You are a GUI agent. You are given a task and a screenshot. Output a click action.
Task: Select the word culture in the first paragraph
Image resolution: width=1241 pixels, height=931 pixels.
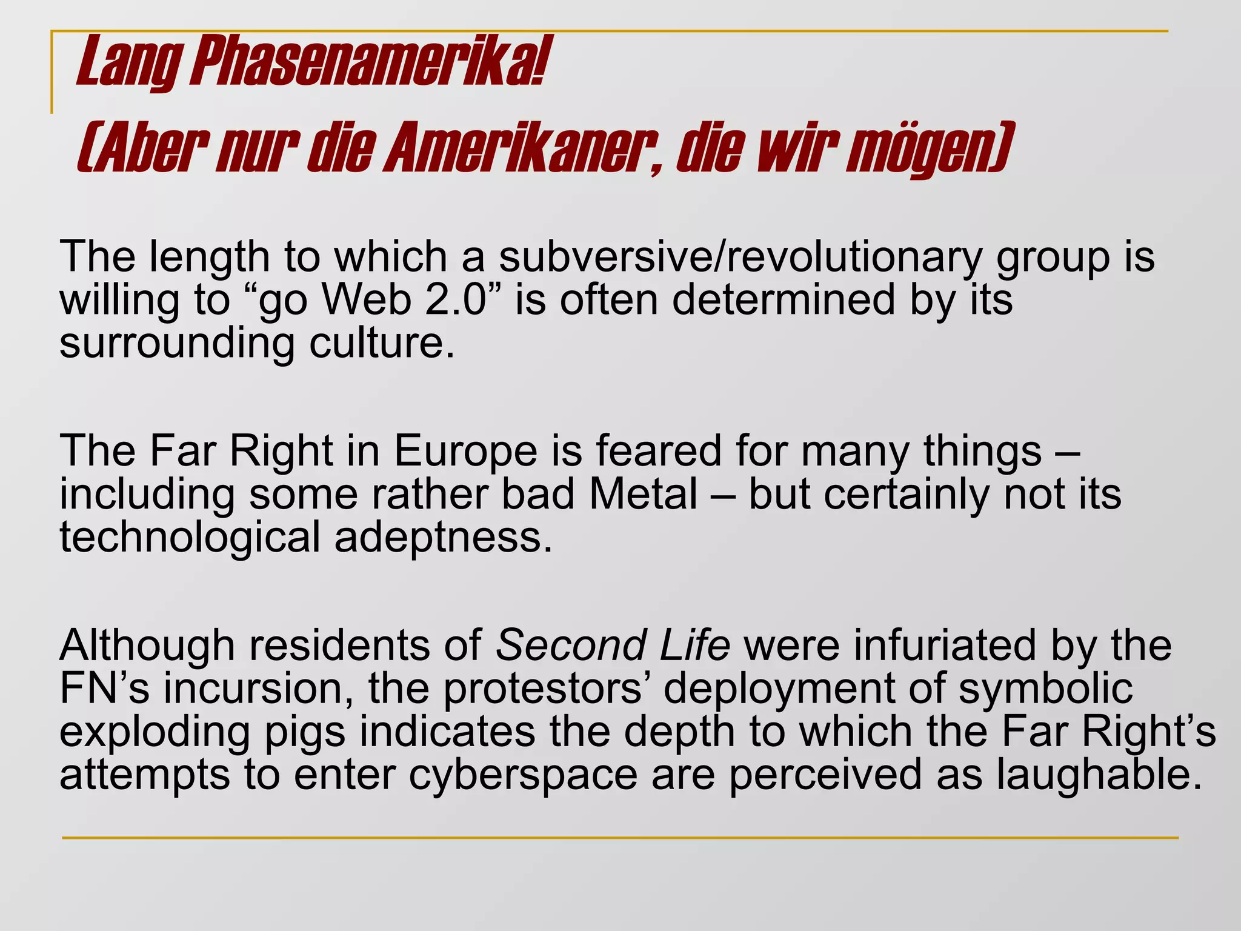click(x=382, y=344)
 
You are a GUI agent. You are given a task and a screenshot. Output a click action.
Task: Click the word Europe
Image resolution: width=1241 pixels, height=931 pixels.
click(x=465, y=452)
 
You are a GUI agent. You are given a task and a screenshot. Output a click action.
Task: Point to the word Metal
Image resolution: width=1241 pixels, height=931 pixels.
click(x=643, y=495)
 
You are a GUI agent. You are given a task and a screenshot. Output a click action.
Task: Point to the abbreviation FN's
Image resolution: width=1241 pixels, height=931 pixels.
click(x=104, y=689)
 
